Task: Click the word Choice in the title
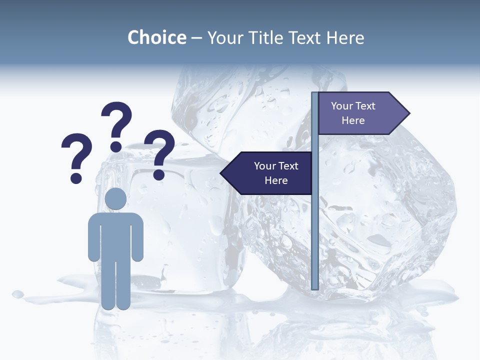point(156,37)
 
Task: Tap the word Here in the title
point(345,37)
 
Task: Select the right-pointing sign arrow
point(360,113)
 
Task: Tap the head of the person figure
point(115,199)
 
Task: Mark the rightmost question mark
point(159,151)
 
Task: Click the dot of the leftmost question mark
point(76,178)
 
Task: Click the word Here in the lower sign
point(276,180)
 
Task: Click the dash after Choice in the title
point(196,38)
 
